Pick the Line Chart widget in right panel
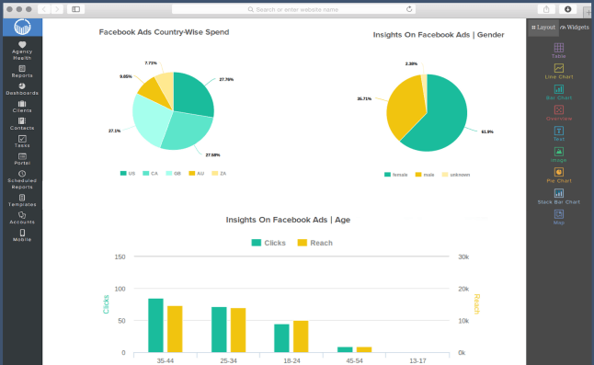click(559, 71)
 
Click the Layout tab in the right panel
click(543, 28)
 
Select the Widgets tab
click(576, 28)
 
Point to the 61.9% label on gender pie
click(487, 131)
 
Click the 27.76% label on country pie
click(226, 79)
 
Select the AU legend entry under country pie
click(196, 173)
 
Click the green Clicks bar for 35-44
click(155, 325)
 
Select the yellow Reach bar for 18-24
click(301, 336)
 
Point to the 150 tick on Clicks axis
click(120, 257)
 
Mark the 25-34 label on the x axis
click(229, 360)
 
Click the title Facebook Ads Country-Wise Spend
click(164, 31)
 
